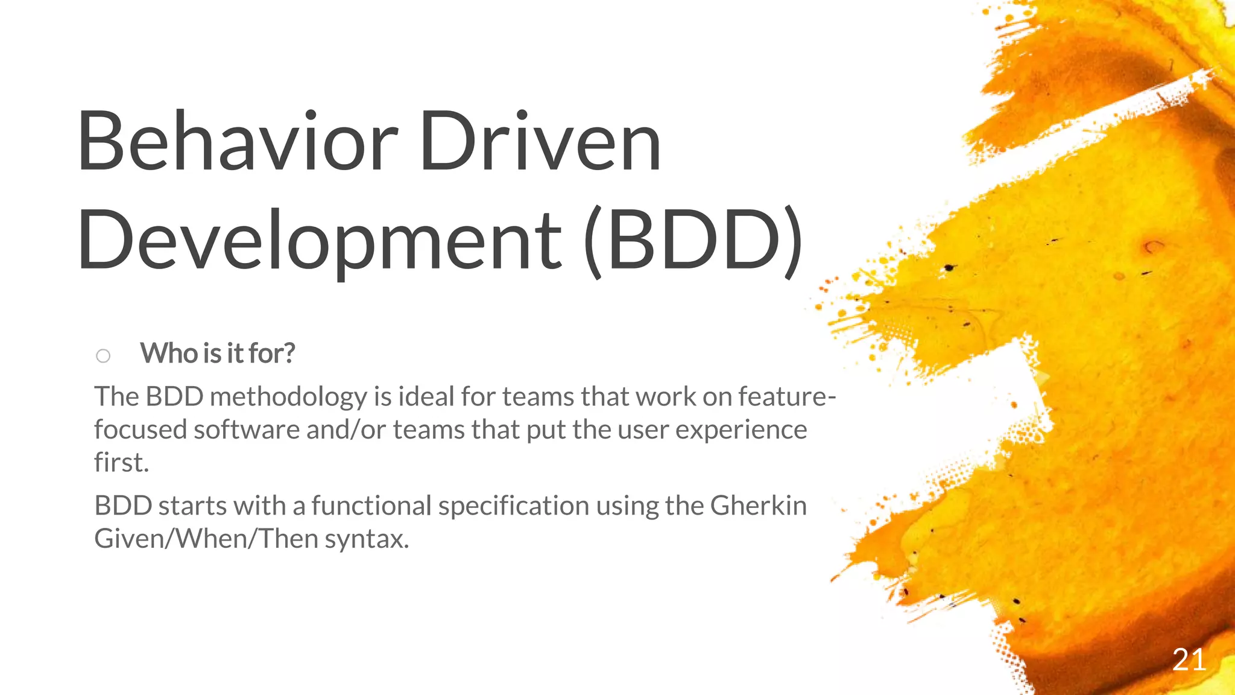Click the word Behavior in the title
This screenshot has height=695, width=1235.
(238, 142)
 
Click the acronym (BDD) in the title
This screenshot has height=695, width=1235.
(693, 240)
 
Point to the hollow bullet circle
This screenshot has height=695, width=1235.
(103, 356)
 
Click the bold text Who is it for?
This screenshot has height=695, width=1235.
(218, 354)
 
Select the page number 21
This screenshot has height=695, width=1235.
(1189, 660)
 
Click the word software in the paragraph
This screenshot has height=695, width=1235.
(246, 430)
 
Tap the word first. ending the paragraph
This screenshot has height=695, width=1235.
(121, 463)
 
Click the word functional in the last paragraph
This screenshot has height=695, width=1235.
(371, 506)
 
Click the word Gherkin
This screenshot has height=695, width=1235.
(758, 506)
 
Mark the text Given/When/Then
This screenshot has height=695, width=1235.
(206, 538)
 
